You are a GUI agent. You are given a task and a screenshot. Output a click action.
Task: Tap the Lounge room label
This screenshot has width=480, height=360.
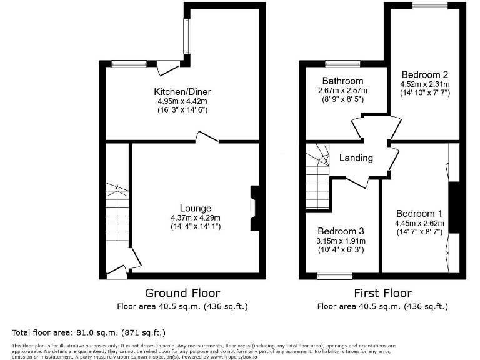tap(196, 208)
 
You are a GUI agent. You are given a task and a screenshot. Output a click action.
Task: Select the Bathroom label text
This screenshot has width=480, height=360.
tap(342, 81)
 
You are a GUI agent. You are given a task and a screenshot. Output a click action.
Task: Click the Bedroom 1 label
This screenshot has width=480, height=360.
tap(419, 212)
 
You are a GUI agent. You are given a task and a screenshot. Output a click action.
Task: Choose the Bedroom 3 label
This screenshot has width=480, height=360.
tap(341, 231)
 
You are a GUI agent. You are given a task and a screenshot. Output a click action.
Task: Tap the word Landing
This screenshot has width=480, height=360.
tap(356, 158)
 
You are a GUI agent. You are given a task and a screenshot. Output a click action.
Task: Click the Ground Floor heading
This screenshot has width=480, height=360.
tap(182, 292)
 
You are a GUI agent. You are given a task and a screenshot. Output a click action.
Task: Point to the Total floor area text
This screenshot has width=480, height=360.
tap(89, 332)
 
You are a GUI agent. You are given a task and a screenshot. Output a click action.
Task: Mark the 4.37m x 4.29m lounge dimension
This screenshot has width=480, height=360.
tap(196, 217)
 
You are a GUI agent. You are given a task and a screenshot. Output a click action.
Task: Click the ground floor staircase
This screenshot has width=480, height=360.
tap(117, 212)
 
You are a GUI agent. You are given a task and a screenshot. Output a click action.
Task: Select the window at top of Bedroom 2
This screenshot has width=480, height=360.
tap(429, 6)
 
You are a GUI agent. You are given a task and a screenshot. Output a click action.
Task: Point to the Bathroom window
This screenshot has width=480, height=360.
tap(342, 63)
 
